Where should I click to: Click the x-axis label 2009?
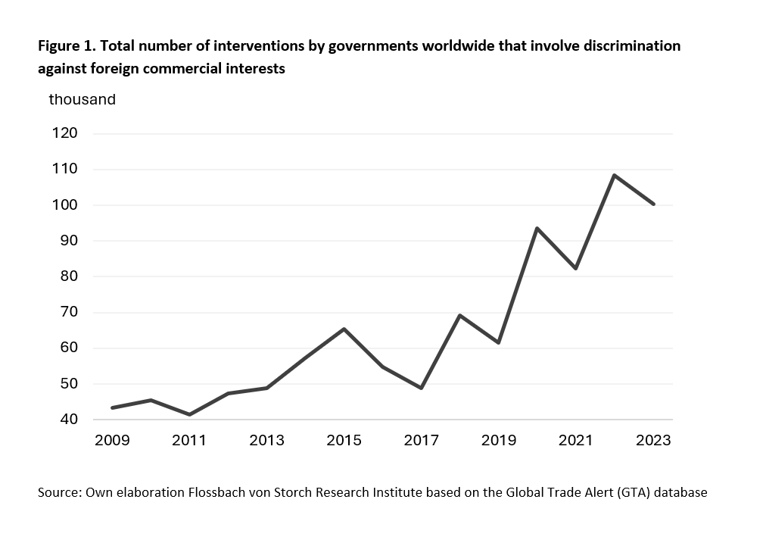click(112, 441)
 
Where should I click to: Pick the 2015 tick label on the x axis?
click(344, 441)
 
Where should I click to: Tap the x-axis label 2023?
click(653, 441)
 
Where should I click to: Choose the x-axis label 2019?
click(498, 441)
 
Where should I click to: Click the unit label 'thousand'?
click(83, 99)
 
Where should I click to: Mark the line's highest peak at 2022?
click(614, 175)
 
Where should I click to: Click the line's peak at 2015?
click(344, 329)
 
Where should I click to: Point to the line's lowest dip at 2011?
click(189, 414)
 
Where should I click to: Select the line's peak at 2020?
click(537, 228)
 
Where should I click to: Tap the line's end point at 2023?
click(653, 204)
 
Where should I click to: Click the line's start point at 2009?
click(112, 407)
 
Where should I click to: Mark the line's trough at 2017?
click(421, 388)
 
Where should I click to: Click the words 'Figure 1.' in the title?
click(66, 46)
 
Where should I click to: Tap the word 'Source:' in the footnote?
click(60, 492)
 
